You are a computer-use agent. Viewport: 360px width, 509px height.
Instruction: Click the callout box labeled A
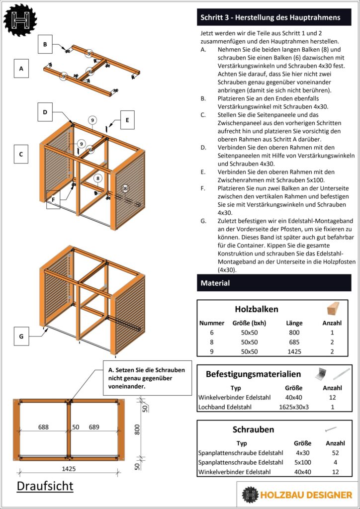point(21,69)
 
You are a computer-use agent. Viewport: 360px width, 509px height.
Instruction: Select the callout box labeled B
point(45,45)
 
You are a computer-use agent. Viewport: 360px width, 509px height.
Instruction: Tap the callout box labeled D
point(45,112)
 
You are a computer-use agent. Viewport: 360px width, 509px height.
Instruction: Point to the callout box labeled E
point(127,120)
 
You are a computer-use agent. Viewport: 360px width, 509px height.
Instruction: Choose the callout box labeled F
point(53,199)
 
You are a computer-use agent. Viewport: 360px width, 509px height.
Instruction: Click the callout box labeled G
point(21,336)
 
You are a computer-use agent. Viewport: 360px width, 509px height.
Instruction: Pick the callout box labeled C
point(21,154)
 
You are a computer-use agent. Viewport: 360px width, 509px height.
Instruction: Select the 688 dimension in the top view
point(43,427)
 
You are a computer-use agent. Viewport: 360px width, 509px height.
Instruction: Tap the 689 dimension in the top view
point(94,427)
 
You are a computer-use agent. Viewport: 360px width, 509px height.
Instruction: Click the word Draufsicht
point(45,486)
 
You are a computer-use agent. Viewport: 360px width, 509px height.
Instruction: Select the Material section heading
point(215,283)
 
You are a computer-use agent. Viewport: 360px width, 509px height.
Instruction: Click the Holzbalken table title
point(256,309)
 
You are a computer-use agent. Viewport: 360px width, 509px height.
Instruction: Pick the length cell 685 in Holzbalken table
point(294,342)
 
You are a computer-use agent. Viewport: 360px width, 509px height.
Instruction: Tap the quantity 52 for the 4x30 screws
point(332,453)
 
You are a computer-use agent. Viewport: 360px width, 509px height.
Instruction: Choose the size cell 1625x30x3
point(294,407)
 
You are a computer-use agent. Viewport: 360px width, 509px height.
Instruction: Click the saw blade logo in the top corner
point(20,20)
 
